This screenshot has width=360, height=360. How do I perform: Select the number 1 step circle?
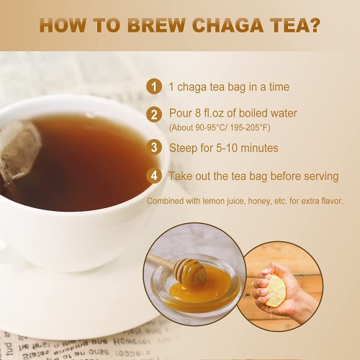154,86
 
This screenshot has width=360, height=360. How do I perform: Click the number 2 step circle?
154,114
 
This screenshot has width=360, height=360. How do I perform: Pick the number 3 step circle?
154,148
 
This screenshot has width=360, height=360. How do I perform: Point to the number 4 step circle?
154,176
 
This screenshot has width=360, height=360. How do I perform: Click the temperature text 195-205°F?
250,127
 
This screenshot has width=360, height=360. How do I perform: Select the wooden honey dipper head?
190,271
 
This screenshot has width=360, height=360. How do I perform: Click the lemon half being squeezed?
276,291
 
